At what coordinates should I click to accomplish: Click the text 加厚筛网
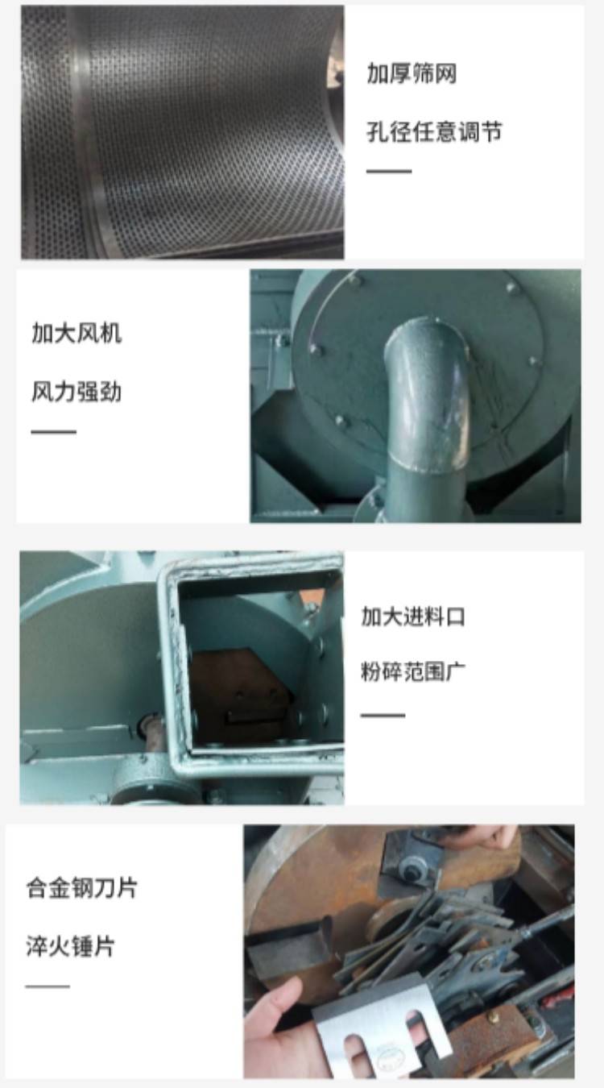pyautogui.click(x=412, y=74)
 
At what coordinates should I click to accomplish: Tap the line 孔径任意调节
pyautogui.click(x=434, y=131)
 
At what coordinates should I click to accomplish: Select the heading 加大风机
pyautogui.click(x=77, y=334)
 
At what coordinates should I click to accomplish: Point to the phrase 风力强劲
pyautogui.click(x=77, y=392)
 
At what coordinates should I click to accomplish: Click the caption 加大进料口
pyautogui.click(x=412, y=617)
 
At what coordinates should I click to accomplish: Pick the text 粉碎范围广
pyautogui.click(x=412, y=672)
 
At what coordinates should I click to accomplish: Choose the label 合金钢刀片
pyautogui.click(x=81, y=887)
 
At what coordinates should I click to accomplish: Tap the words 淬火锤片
pyautogui.click(x=70, y=946)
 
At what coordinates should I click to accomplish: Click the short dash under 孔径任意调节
pyautogui.click(x=389, y=171)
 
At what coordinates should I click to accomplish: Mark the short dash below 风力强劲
pyautogui.click(x=53, y=431)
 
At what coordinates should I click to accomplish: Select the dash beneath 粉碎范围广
pyautogui.click(x=383, y=715)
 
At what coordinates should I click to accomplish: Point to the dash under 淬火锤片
pyautogui.click(x=48, y=986)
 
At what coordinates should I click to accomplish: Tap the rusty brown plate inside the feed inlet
pyautogui.click(x=240, y=695)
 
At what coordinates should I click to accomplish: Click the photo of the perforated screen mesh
pyautogui.click(x=183, y=132)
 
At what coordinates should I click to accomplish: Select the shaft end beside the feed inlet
pyautogui.click(x=149, y=727)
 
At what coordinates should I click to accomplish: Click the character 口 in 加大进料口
pyautogui.click(x=455, y=617)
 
